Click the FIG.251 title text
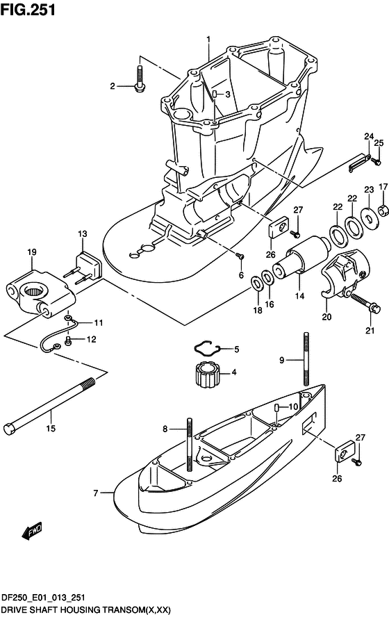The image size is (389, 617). point(28,10)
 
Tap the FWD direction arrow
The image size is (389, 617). point(32,531)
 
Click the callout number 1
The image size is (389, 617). point(208,40)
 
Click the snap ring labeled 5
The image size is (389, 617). point(207,348)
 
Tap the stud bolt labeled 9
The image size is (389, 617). point(306,359)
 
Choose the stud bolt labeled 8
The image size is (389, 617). point(190,444)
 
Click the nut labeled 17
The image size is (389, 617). point(383,211)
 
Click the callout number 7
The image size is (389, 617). point(96,493)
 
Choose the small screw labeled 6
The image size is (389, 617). point(240,256)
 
